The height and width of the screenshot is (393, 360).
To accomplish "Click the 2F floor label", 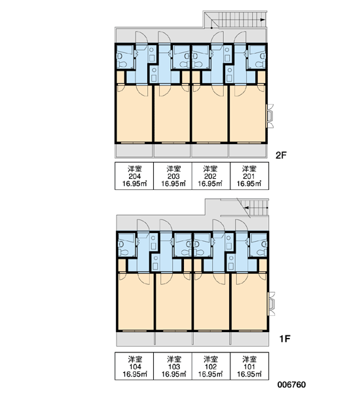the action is (x=281, y=156).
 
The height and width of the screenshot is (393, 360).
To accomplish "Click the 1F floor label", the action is (x=285, y=339).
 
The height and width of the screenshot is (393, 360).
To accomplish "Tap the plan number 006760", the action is (x=291, y=384).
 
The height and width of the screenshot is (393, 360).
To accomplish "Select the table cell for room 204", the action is (x=134, y=176).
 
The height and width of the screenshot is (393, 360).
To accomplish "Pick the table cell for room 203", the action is (x=173, y=176).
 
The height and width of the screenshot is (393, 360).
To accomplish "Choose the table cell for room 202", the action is (x=211, y=176).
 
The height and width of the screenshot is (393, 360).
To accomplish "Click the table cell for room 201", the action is (x=249, y=176).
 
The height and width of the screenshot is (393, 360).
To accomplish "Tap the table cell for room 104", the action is (x=134, y=366).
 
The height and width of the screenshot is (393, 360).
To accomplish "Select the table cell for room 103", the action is (x=173, y=366).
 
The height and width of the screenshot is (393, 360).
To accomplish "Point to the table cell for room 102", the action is (x=211, y=366).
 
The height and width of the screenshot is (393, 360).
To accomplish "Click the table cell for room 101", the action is (x=249, y=366).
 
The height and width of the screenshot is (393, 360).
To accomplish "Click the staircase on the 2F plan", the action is (x=236, y=20).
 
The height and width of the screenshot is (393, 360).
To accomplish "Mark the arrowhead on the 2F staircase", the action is (x=262, y=20).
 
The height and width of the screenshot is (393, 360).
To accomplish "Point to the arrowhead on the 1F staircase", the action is (x=247, y=208).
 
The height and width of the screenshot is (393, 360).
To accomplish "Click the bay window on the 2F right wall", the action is (x=270, y=116).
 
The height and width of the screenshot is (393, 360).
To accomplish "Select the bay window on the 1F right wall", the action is (x=272, y=304).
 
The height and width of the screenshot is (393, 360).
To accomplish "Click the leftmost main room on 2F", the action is (x=134, y=114).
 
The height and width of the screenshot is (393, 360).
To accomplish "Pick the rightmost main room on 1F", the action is (x=249, y=302).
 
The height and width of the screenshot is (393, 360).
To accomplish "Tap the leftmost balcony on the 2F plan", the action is (x=134, y=151).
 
